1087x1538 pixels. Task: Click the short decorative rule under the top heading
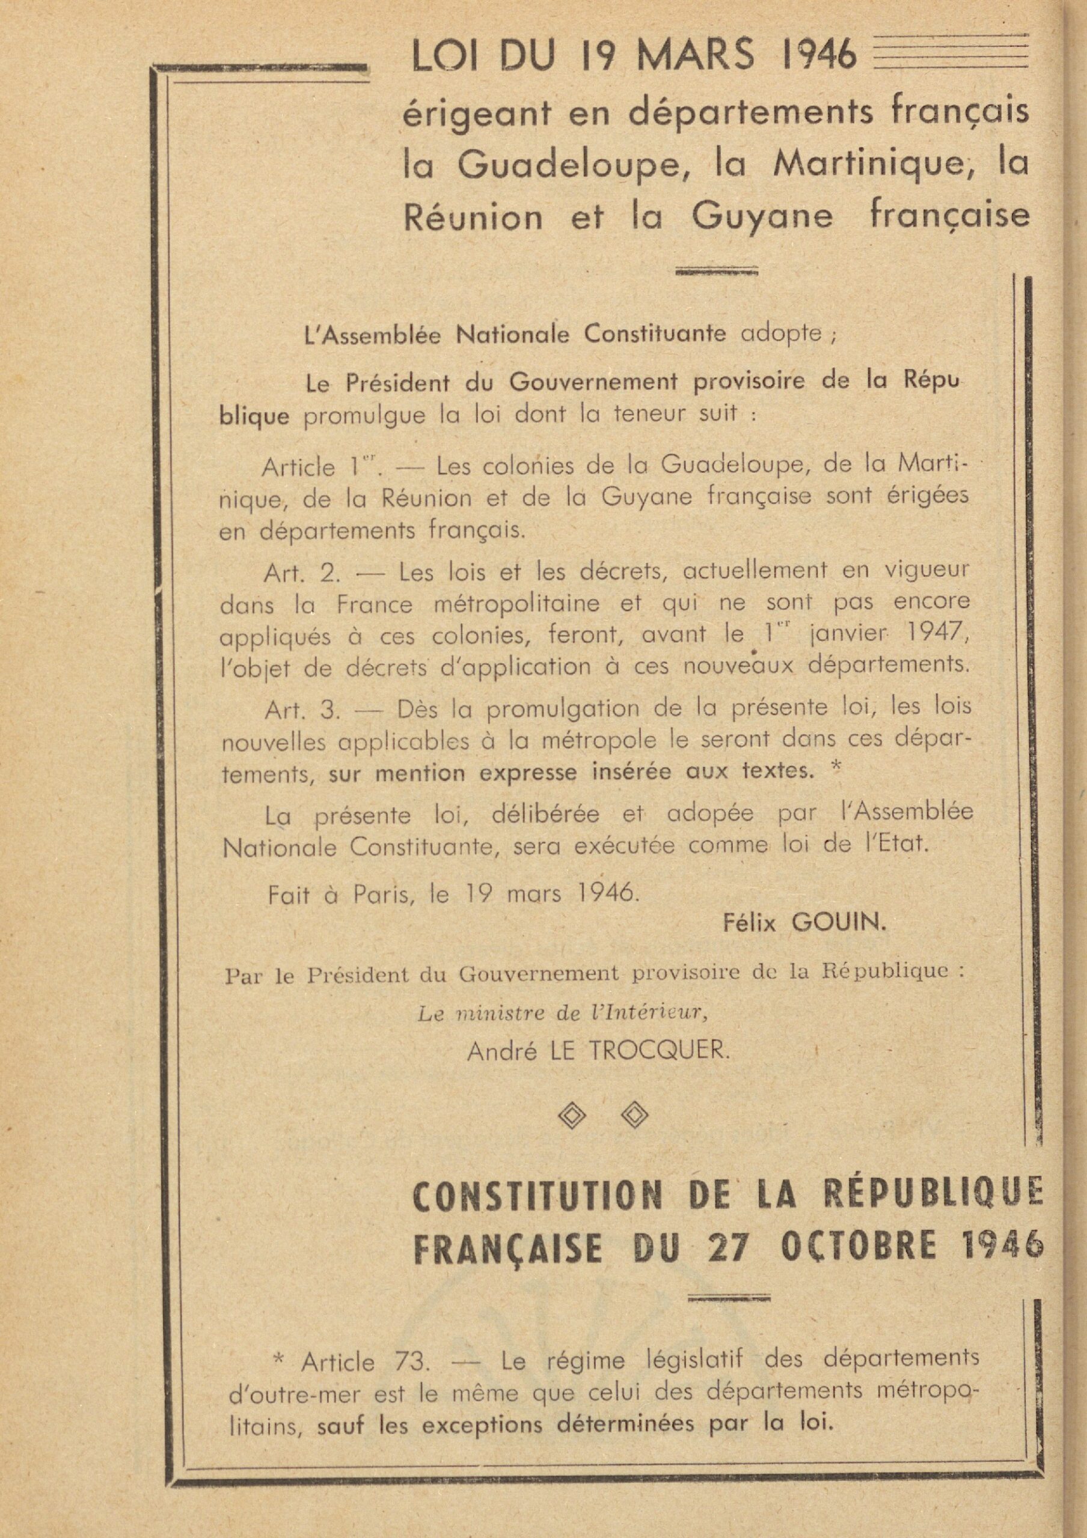pos(717,272)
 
